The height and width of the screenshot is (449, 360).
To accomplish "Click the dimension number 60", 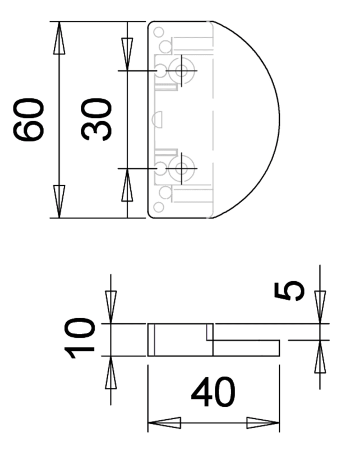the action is tap(29, 120).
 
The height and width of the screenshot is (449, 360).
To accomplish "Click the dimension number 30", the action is tap(96, 120).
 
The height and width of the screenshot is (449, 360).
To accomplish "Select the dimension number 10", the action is tap(79, 338).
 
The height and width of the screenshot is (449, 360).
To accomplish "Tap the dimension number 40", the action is tap(213, 392).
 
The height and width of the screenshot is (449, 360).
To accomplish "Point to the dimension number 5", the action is tap(289, 291).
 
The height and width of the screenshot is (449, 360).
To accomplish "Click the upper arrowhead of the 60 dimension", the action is tap(59, 38).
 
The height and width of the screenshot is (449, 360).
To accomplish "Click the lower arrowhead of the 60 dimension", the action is tap(59, 201).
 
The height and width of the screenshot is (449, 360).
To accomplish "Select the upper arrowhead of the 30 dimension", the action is tap(127, 54).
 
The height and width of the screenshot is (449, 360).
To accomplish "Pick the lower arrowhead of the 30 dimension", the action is tap(127, 185).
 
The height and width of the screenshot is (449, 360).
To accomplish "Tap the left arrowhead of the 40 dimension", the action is tap(164, 423).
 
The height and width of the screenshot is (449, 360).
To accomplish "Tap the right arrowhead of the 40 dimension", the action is tap(263, 423).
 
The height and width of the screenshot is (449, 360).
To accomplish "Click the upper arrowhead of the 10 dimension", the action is tap(111, 307).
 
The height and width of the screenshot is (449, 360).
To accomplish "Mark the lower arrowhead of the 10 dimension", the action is tap(111, 372).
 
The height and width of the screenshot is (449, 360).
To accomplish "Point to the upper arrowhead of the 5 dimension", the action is tap(320, 307).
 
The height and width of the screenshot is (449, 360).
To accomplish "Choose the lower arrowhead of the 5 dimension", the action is tap(320, 356).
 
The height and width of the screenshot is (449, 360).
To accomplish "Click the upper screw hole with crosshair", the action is tap(182, 71).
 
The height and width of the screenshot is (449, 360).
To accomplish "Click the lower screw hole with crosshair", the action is tap(182, 168).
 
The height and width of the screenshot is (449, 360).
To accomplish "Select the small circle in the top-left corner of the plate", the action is tap(159, 32).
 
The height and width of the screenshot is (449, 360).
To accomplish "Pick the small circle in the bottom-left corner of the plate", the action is tap(159, 207).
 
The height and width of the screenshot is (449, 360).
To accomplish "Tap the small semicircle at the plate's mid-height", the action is tap(159, 120).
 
